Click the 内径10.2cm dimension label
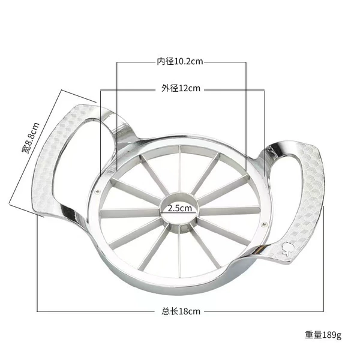(x=180, y=62)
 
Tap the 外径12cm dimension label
(x=181, y=88)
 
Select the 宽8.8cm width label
(x=31, y=138)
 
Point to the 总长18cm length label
(x=181, y=311)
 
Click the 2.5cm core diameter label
(x=180, y=208)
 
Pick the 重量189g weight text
(x=323, y=335)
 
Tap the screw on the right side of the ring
(x=264, y=224)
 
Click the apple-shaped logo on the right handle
(x=288, y=248)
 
